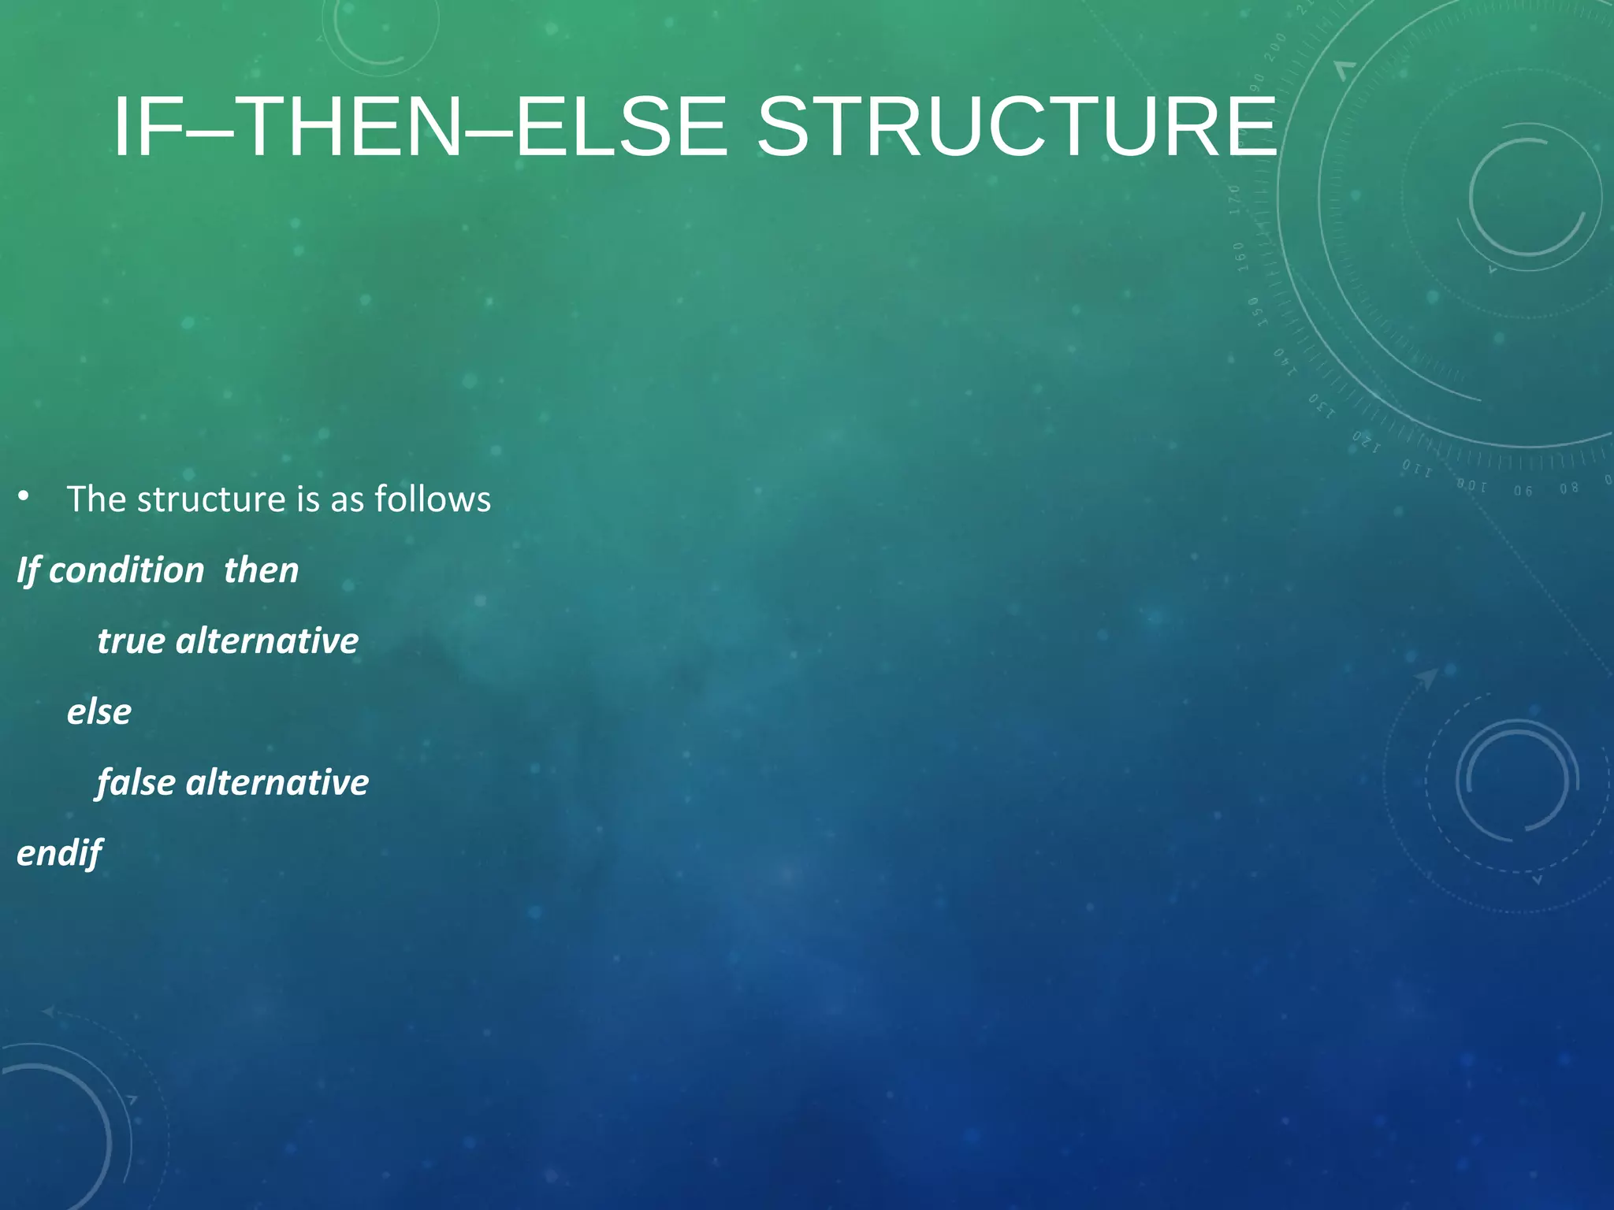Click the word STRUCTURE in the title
1016,127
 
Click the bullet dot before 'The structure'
24,496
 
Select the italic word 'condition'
126,570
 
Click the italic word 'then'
261,570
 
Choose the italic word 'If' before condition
28,570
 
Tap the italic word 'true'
131,640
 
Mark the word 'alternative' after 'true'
267,640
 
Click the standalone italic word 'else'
99,711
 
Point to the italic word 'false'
136,782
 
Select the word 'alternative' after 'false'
277,782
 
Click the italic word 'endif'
59,853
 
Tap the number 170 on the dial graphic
1236,199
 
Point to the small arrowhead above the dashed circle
1426,677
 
